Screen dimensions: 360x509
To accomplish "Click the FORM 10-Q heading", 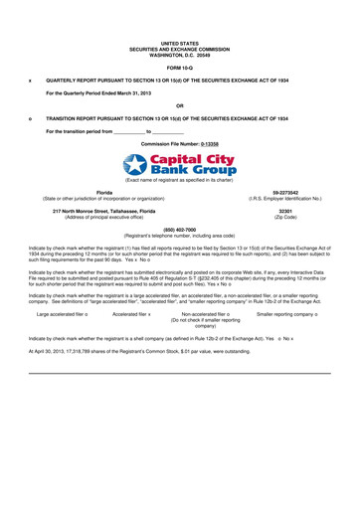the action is (x=179, y=66).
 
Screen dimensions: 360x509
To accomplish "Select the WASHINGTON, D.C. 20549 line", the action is (x=179, y=54).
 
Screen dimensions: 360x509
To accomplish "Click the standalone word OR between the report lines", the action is (x=179, y=104).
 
